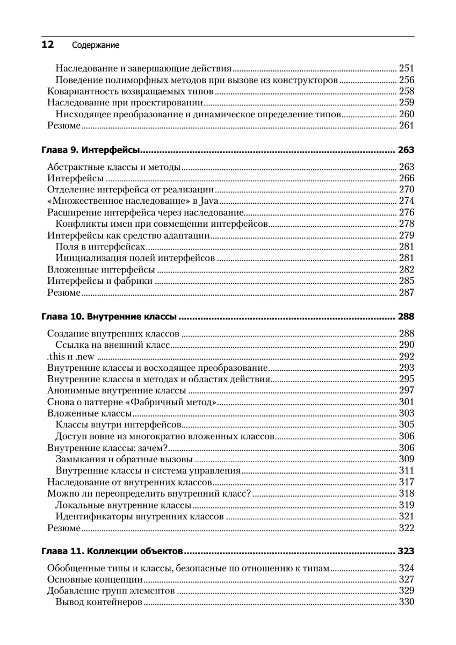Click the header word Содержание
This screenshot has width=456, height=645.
95,46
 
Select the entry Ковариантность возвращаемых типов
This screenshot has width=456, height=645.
127,91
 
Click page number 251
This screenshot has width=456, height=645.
406,68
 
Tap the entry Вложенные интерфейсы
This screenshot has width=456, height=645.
101,270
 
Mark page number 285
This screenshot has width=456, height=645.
406,281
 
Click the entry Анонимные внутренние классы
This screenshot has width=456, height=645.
117,390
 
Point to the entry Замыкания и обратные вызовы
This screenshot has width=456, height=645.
124,459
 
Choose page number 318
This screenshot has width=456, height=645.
406,493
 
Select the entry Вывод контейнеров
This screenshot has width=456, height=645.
98,602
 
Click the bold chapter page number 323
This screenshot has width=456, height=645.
405,551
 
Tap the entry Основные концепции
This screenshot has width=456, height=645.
95,579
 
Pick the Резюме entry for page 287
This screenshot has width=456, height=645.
63,293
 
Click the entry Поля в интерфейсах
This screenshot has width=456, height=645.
100,247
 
